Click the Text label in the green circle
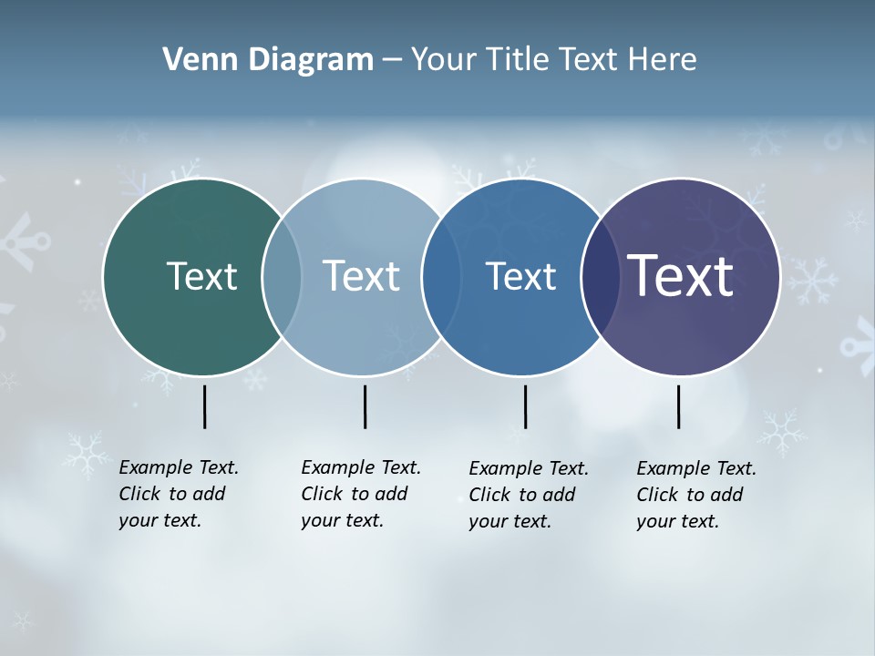[x=201, y=276]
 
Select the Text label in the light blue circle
[x=361, y=276]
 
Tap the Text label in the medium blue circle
[x=520, y=276]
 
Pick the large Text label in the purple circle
[x=681, y=276]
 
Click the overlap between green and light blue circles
[x=282, y=277]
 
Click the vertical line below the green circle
[x=204, y=406]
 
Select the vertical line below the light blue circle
[x=365, y=406]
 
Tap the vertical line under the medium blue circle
[x=525, y=406]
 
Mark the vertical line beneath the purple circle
[x=678, y=406]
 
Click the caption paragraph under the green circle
[x=178, y=494]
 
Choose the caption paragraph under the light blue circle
[x=360, y=494]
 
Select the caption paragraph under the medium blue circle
[x=528, y=495]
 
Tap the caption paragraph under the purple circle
[x=695, y=495]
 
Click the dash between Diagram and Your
[x=391, y=60]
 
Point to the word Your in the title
[x=444, y=59]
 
